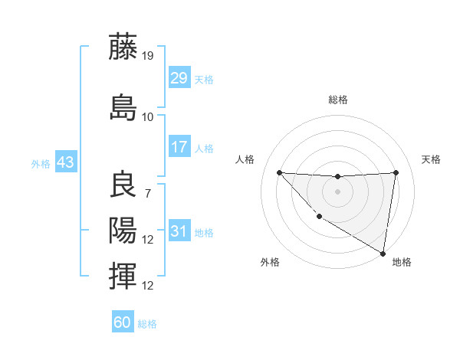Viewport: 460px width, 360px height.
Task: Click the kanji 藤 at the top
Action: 123,47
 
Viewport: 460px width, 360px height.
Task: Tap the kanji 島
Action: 123,107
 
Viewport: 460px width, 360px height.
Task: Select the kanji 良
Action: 123,186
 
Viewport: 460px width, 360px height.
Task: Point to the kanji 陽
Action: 123,230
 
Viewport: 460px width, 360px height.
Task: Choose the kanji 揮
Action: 123,276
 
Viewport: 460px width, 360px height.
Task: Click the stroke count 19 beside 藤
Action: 148,56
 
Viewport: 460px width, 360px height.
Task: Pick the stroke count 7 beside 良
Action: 148,194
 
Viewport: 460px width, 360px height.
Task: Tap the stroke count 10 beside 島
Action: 148,117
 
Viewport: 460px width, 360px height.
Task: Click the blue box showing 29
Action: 179,77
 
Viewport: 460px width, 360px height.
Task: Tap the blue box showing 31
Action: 179,231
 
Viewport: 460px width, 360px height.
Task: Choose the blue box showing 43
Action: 65,162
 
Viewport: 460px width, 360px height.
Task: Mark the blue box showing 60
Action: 123,322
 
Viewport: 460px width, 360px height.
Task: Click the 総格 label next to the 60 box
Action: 147,324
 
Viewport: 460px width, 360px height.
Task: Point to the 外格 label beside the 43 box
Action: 41,163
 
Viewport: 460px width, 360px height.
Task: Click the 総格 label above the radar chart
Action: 337,100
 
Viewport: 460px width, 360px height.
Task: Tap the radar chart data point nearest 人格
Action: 279,172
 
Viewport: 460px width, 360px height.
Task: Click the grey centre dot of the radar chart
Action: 337,191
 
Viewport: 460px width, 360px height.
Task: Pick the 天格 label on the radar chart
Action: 431,159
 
